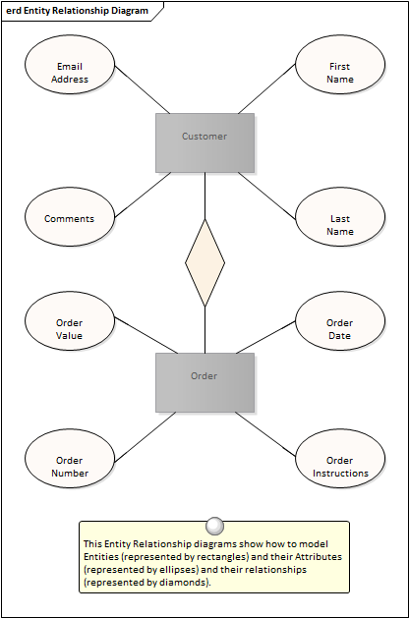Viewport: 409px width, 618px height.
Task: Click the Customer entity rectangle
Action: coord(204,143)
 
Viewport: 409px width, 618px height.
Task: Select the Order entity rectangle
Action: coord(204,383)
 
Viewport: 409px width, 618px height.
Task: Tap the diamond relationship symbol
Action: coord(205,263)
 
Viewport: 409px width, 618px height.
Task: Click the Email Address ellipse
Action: coord(70,65)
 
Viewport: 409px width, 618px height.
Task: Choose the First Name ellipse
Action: coord(340,65)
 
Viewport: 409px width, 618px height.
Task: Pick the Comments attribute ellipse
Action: coord(70,217)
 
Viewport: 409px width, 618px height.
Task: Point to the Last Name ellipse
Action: coord(340,217)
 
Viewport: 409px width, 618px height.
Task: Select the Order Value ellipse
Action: coord(70,321)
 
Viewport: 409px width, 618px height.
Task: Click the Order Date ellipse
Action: coord(340,321)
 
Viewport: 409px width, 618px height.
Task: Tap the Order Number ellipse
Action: coord(70,459)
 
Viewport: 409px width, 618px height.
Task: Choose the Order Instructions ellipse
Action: coord(340,459)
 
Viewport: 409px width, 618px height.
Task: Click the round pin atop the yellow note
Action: coord(215,526)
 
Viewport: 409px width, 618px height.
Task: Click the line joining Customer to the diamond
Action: coord(205,196)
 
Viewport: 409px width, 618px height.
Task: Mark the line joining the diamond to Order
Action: coord(205,330)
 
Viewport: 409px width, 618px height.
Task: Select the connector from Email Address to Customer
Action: coord(143,89)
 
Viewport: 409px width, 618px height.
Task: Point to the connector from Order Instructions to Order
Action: coord(265,434)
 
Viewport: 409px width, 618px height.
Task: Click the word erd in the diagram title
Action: coord(14,11)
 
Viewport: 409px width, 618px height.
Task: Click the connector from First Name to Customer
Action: coord(266,89)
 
